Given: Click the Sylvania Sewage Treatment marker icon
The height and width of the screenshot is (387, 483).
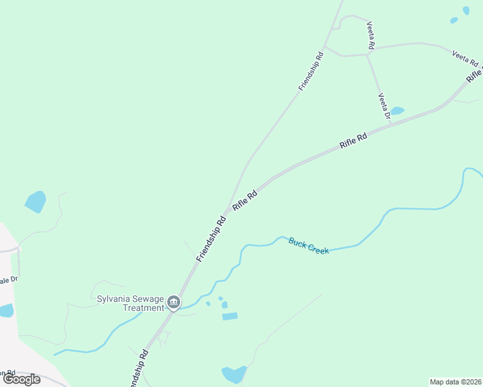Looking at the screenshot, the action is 173,302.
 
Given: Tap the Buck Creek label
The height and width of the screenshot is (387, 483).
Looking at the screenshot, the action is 309,245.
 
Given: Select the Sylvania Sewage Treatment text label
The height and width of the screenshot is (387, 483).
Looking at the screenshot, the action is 130,303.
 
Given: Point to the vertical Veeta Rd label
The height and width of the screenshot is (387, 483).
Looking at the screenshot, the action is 371,35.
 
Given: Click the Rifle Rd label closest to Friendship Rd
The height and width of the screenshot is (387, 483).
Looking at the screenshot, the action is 245,198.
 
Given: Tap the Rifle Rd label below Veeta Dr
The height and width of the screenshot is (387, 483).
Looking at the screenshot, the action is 353,141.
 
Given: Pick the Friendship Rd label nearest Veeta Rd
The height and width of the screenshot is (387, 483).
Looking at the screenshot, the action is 311,71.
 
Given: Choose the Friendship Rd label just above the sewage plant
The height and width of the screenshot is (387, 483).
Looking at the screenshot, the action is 211,239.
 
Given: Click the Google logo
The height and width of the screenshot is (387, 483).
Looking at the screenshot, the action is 21,379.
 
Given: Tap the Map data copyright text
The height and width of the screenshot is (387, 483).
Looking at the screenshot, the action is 455,382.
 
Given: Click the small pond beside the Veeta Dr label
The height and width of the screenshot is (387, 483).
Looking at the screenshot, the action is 397,111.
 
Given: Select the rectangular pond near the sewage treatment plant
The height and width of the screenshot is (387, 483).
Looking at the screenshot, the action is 229,316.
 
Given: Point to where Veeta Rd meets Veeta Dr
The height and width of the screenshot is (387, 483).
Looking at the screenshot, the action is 367,55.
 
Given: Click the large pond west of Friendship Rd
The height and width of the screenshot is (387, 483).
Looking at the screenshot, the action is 36,202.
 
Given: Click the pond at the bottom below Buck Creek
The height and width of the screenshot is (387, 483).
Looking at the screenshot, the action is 233,374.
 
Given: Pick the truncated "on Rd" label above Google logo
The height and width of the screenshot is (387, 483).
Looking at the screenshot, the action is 7,373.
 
